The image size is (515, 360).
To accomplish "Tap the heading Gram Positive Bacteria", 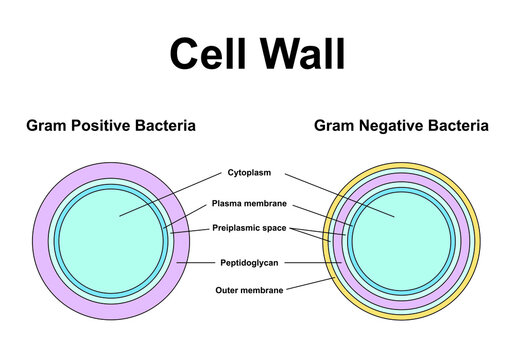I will point(110,126).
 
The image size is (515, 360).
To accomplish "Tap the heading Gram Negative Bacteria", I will point(401,126).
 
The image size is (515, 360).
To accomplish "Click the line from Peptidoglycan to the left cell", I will point(198,263).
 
